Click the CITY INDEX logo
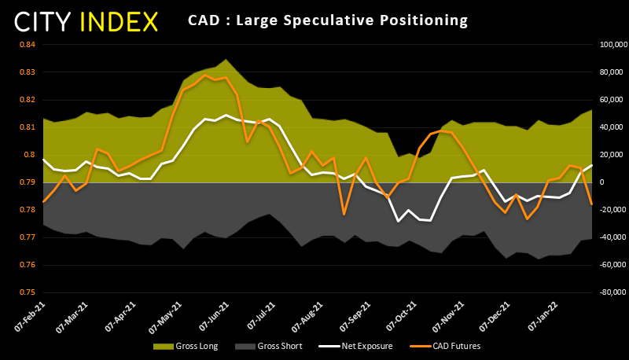click(87, 21)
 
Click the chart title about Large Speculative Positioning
click(328, 20)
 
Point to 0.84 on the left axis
click(26, 45)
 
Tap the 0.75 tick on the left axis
click(26, 292)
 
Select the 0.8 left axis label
click(28, 155)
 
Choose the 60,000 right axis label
click(608, 100)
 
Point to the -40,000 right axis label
click(606, 237)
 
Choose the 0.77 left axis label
click(26, 237)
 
